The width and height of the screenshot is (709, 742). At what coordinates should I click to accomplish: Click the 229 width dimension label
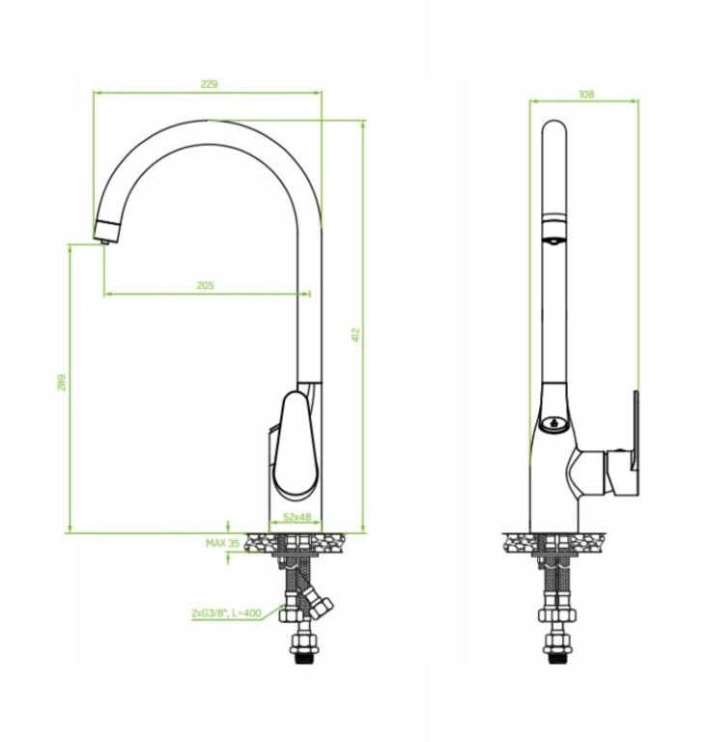pos(209,84)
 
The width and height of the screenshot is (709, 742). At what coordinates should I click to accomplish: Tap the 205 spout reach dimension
pos(205,285)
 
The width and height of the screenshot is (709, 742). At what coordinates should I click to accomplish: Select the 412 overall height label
pos(356,335)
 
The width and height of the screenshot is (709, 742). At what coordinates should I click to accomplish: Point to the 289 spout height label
pos(62,383)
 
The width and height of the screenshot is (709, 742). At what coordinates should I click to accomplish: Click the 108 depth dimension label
pos(586,94)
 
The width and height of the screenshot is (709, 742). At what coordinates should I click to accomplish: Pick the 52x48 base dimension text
pos(298,517)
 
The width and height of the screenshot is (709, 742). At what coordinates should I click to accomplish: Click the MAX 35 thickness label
pos(222,543)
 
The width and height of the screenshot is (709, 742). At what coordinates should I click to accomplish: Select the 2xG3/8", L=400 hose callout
pos(226,613)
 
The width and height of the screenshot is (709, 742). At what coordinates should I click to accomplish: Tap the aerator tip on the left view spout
pos(105,243)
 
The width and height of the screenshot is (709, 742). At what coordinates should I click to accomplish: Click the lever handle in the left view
pos(295,444)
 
